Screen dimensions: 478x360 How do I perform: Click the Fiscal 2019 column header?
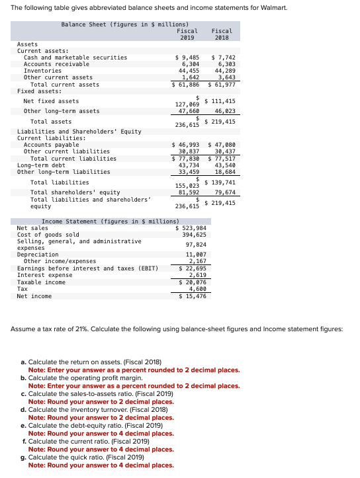[187, 34]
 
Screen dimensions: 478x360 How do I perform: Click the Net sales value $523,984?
[193, 228]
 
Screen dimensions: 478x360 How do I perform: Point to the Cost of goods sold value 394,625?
[194, 235]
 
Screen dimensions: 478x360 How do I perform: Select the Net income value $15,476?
[193, 296]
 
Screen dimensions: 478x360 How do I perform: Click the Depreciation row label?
[38, 255]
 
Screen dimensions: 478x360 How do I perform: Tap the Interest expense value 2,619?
[197, 275]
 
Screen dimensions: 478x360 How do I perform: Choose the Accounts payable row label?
[52, 145]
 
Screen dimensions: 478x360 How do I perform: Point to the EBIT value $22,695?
[193, 268]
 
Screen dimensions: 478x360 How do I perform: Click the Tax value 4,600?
[197, 289]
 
